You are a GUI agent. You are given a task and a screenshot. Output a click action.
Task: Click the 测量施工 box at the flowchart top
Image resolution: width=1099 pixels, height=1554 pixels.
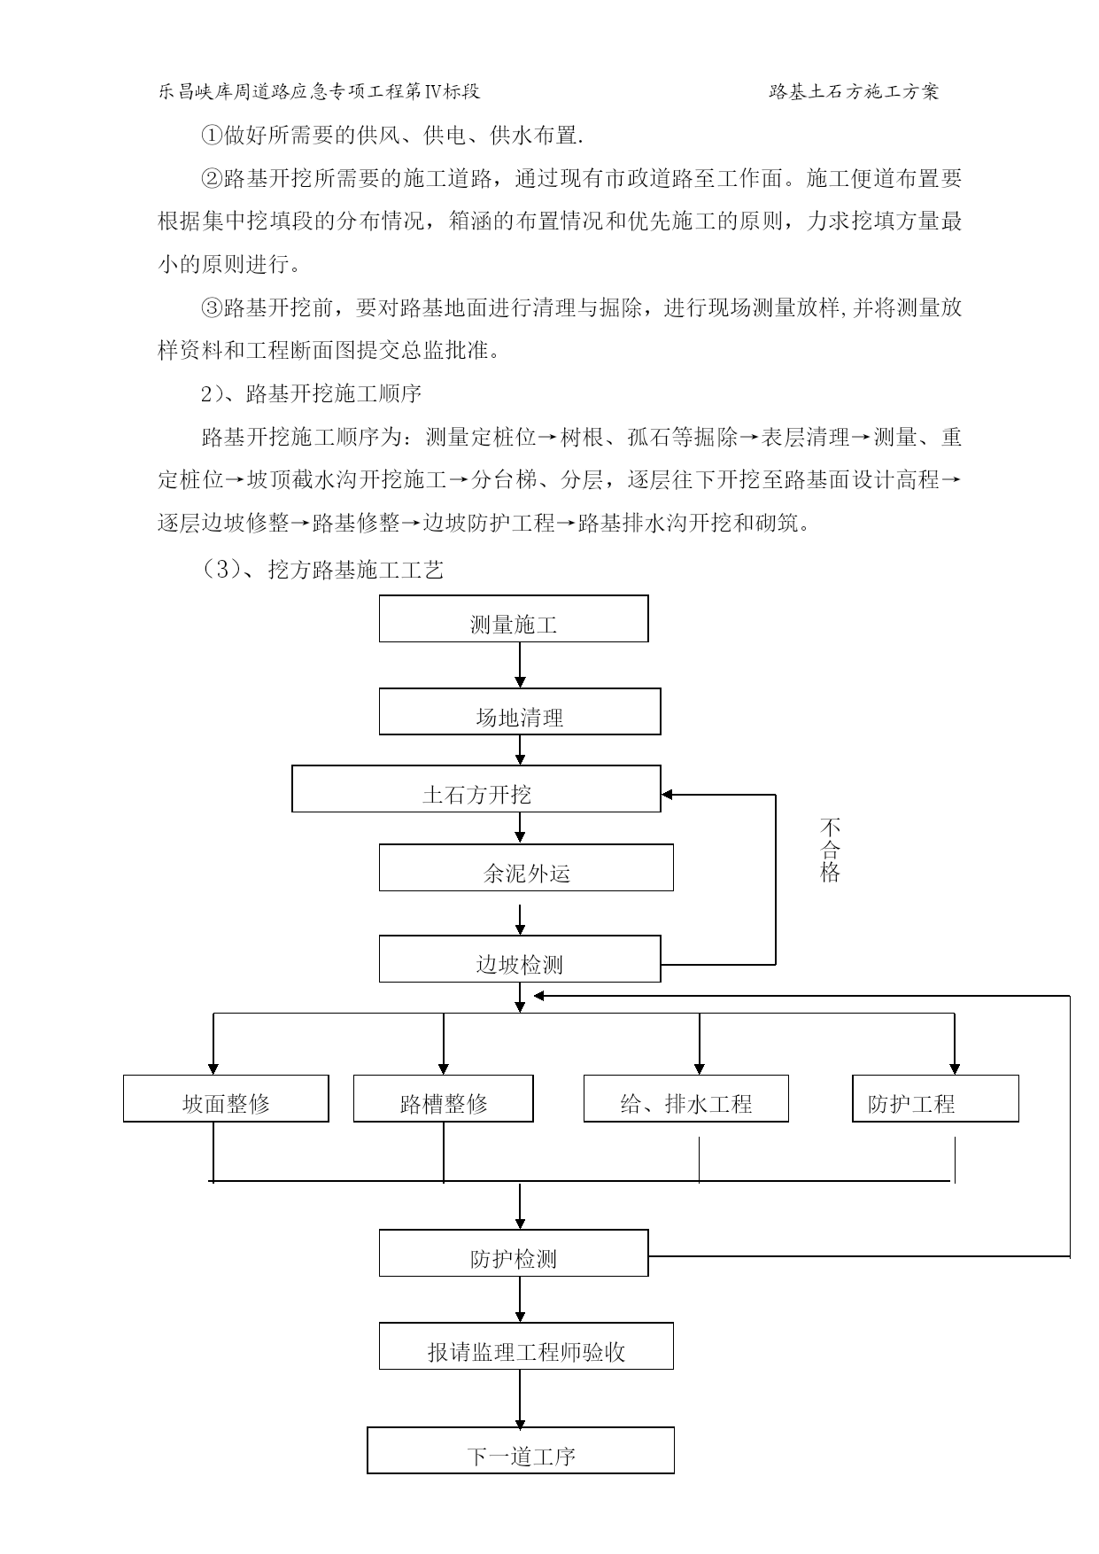(x=514, y=618)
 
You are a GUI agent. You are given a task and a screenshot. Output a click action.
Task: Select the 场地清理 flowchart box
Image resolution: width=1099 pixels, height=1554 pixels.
(x=520, y=711)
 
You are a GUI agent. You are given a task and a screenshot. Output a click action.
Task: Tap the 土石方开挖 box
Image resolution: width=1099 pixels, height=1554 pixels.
(x=476, y=789)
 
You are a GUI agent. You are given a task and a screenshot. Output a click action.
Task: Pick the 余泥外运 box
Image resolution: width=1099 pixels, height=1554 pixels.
(x=526, y=867)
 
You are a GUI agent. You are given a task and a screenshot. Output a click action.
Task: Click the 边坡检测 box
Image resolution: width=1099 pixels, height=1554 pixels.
(x=520, y=959)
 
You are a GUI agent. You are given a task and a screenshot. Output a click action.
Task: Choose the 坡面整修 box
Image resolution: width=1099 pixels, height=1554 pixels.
(x=226, y=1099)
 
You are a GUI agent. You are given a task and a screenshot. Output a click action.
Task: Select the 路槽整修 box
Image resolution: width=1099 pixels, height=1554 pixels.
(x=444, y=1099)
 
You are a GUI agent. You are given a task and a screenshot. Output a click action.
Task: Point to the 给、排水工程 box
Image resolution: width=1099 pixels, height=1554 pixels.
(x=686, y=1099)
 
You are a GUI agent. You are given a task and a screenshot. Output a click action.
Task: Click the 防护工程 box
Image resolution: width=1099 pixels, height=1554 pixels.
(x=935, y=1099)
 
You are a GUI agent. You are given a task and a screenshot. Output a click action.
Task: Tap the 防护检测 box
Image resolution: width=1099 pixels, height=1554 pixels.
(x=514, y=1253)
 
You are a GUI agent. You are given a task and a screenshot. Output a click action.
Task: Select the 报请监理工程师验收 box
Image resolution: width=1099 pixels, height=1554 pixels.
(x=526, y=1346)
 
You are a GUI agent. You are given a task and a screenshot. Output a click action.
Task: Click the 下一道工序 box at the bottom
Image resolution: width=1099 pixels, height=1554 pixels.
(x=521, y=1450)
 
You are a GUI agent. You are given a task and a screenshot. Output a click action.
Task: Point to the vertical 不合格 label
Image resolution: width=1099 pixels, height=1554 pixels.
(x=830, y=851)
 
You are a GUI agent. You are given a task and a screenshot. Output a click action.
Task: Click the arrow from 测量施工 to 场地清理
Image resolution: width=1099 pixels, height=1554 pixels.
(x=520, y=664)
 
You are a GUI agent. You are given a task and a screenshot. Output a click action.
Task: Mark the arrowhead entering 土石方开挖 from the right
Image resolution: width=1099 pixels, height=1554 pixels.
(x=667, y=795)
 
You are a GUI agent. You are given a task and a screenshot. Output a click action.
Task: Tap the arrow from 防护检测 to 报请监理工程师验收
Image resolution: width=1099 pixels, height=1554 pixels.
(x=520, y=1300)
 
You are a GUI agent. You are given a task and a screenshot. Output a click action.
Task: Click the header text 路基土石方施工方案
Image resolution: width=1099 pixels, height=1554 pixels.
(x=855, y=91)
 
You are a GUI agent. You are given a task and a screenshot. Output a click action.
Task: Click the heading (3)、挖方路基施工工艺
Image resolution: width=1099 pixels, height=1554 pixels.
(x=323, y=570)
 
